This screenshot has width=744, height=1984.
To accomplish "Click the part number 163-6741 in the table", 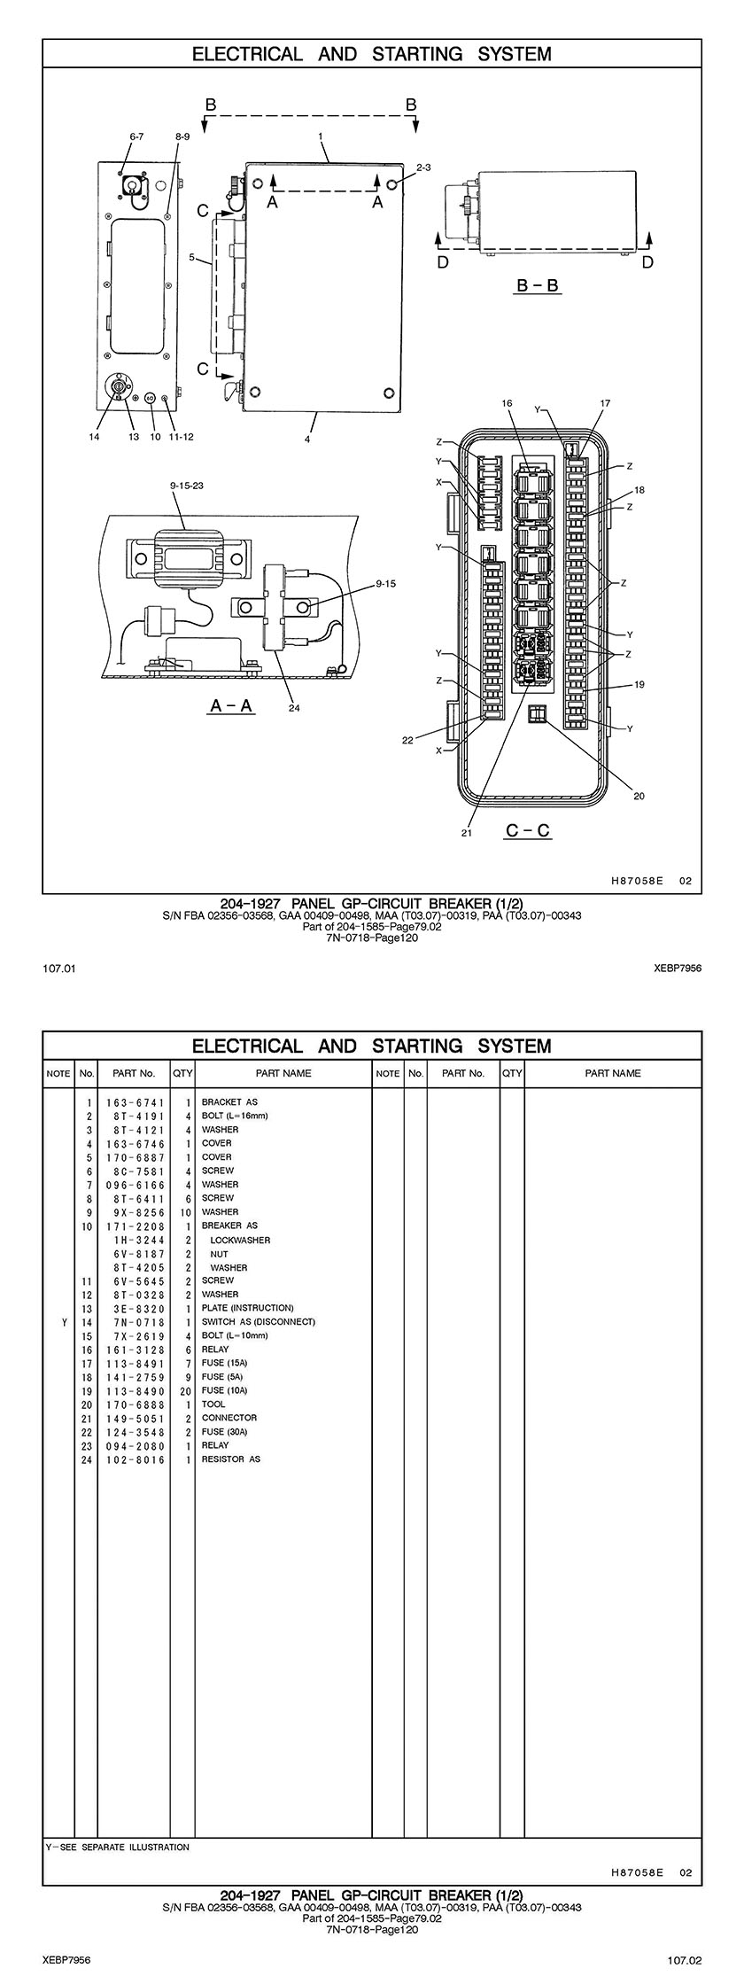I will point(134,1102).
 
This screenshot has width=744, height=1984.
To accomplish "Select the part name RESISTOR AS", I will point(230,1459).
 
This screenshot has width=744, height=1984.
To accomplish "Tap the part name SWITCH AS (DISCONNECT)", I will point(258,1321).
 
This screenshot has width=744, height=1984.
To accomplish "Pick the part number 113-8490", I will point(134,1390).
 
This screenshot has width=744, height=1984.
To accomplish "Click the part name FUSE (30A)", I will point(224,1431).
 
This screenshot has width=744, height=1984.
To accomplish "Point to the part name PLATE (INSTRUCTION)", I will point(247,1308).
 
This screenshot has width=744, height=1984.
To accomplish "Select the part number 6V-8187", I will point(134,1254).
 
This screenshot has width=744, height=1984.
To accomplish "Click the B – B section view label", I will point(539,286).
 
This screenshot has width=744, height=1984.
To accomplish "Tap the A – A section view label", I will point(231,706).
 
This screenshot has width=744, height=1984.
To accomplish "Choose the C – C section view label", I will point(527,830).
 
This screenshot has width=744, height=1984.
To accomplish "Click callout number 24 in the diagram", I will point(294,707).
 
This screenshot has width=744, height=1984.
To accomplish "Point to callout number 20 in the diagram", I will point(639,796).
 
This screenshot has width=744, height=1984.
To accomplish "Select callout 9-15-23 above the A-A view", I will point(186,485).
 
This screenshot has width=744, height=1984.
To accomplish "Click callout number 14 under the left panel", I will point(95,436).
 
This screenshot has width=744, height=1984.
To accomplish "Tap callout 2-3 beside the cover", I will point(423,167).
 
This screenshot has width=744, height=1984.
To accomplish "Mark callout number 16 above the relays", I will point(507,403).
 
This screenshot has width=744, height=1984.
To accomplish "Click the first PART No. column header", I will point(134,1073).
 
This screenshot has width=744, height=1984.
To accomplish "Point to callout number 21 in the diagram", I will point(467,832).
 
